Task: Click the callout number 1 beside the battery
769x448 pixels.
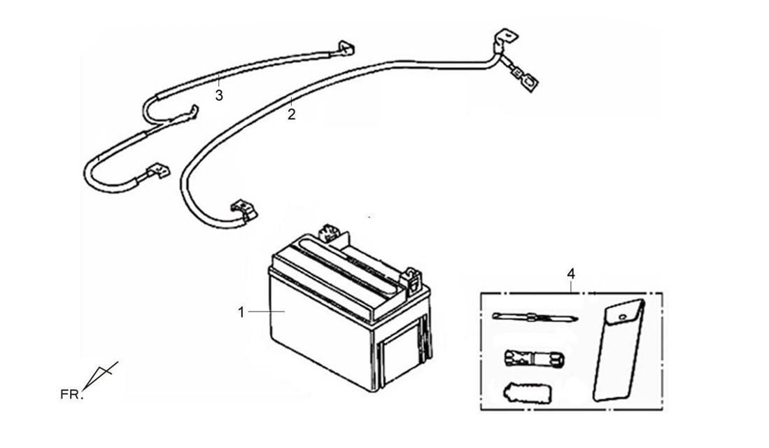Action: pos(241,312)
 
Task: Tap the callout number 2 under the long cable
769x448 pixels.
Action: pos(292,115)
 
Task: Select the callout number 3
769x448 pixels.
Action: pos(219,95)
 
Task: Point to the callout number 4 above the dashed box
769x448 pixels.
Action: pos(571,274)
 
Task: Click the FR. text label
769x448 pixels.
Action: pos(71,395)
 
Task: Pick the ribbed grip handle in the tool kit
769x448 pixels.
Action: pos(526,391)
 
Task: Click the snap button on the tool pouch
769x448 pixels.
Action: pos(623,316)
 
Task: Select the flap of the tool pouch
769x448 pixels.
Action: pos(624,314)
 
